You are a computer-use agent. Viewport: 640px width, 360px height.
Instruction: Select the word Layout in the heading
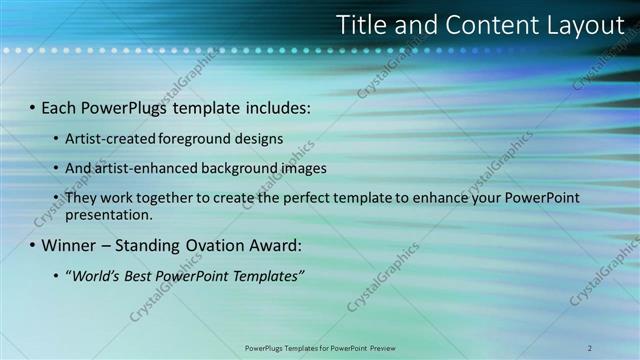(x=577, y=24)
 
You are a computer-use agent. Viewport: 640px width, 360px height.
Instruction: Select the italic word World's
(x=95, y=275)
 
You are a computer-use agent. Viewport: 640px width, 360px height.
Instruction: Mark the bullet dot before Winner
(x=32, y=245)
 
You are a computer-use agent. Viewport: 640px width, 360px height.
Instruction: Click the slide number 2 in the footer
(x=590, y=348)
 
